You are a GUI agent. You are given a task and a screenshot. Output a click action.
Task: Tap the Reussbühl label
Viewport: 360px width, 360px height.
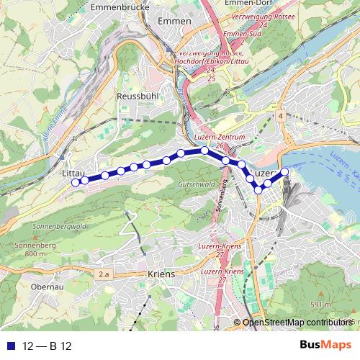(x=137, y=96)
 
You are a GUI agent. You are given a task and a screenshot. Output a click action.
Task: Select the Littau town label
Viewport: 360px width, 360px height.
(x=74, y=174)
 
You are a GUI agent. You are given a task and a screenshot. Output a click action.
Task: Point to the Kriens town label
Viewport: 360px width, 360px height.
(x=161, y=274)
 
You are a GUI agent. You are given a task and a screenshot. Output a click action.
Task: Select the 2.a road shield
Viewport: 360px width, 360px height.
(x=105, y=274)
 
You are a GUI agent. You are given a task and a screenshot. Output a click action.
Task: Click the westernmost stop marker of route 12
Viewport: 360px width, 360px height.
(x=75, y=183)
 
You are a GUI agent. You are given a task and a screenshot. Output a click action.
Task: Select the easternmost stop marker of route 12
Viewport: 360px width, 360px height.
(x=284, y=171)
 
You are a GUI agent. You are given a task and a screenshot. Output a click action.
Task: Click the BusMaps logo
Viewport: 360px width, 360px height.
(x=328, y=346)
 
